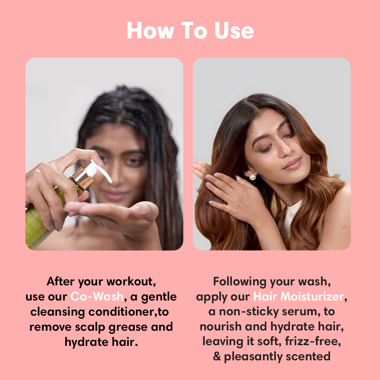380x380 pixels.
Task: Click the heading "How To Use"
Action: pos(190,30)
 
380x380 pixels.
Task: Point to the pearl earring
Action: pos(252,177)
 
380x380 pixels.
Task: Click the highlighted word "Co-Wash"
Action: pos(97,296)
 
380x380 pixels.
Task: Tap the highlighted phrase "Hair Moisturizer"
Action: pos(299,296)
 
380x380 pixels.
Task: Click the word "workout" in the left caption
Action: pos(131,281)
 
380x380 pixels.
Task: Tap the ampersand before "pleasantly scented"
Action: pos(217,356)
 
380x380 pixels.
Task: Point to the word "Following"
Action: pos(240,282)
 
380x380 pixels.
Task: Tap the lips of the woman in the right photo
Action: pos(292,164)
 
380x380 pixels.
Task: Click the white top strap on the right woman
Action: pos(290,218)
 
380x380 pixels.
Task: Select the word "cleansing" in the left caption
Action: pos(58,312)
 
